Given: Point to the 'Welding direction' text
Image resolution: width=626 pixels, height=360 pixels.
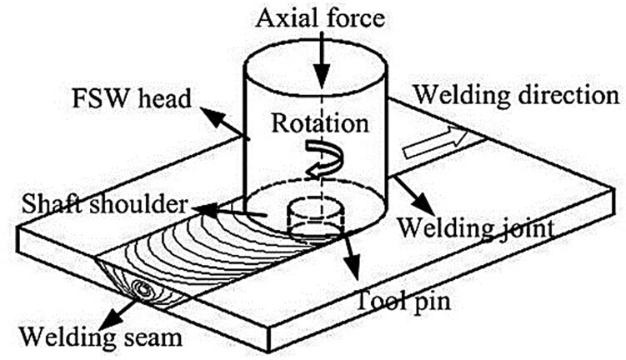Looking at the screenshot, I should [x=517, y=93].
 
